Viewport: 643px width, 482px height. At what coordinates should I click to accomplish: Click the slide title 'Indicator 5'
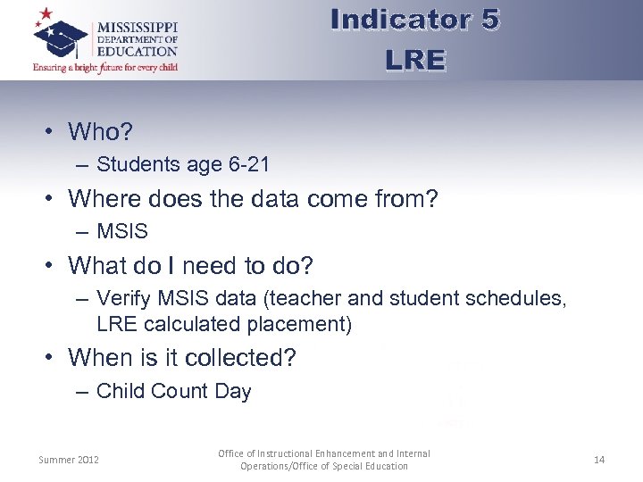tap(414, 20)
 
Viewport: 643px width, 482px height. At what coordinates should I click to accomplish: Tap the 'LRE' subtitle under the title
tap(414, 60)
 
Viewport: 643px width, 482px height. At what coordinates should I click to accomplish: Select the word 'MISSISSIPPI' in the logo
tap(137, 26)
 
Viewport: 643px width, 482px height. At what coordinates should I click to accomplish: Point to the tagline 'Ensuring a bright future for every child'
tap(104, 67)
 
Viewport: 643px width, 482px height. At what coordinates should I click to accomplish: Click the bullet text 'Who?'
tap(100, 132)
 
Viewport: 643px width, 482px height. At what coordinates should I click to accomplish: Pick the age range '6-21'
tap(244, 164)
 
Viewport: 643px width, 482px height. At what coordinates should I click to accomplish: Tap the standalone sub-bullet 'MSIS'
tap(122, 231)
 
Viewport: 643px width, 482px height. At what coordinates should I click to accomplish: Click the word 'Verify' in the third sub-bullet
tap(123, 298)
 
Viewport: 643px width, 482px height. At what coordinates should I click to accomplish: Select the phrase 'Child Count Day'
tap(174, 391)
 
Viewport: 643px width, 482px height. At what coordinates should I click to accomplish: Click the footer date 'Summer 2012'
tap(69, 460)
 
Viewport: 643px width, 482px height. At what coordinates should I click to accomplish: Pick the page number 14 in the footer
tap(598, 460)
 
